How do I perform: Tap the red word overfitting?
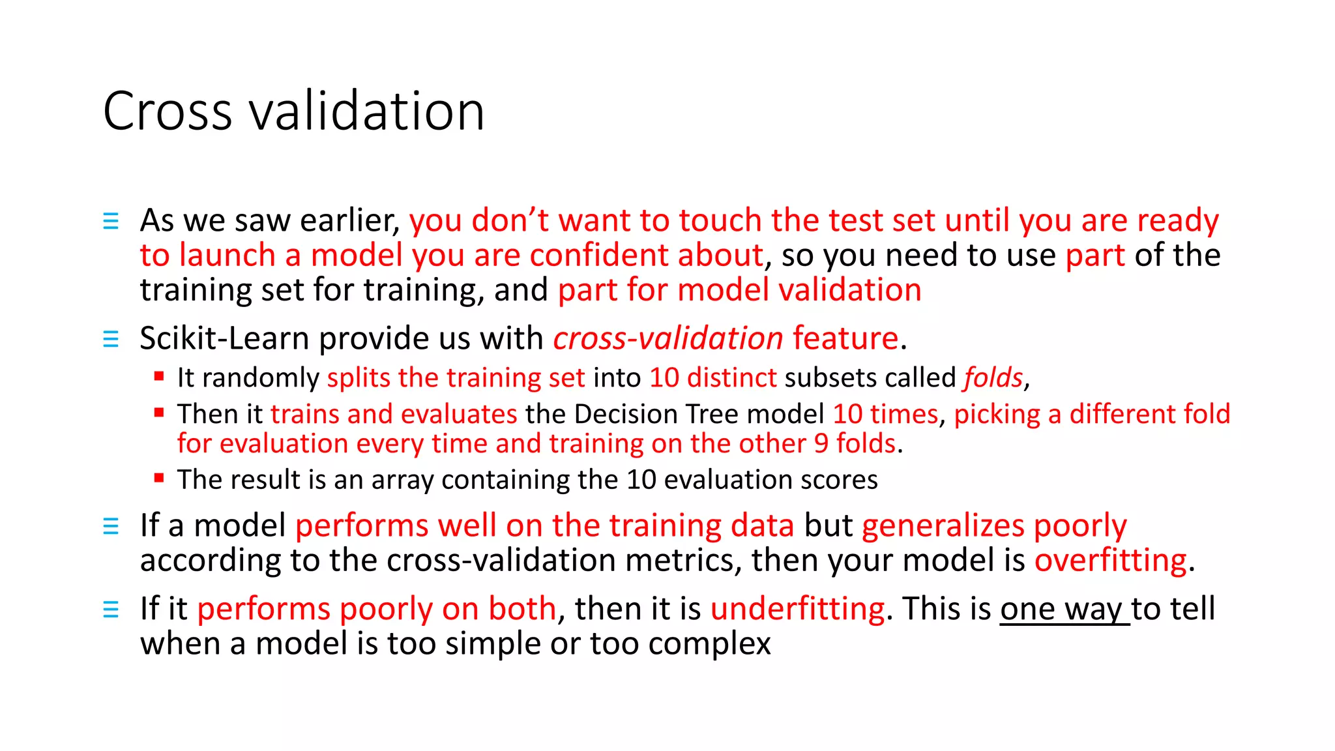[1111, 560]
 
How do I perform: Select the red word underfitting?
[797, 609]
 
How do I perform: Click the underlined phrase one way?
[1064, 609]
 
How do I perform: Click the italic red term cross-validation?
[667, 338]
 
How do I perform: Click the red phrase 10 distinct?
[712, 378]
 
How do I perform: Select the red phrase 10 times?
[885, 414]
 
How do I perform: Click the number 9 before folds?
[821, 444]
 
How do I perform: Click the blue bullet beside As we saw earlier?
[111, 221]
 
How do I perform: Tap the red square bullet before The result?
[158, 478]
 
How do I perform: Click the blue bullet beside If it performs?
[111, 610]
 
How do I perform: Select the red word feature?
[845, 338]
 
